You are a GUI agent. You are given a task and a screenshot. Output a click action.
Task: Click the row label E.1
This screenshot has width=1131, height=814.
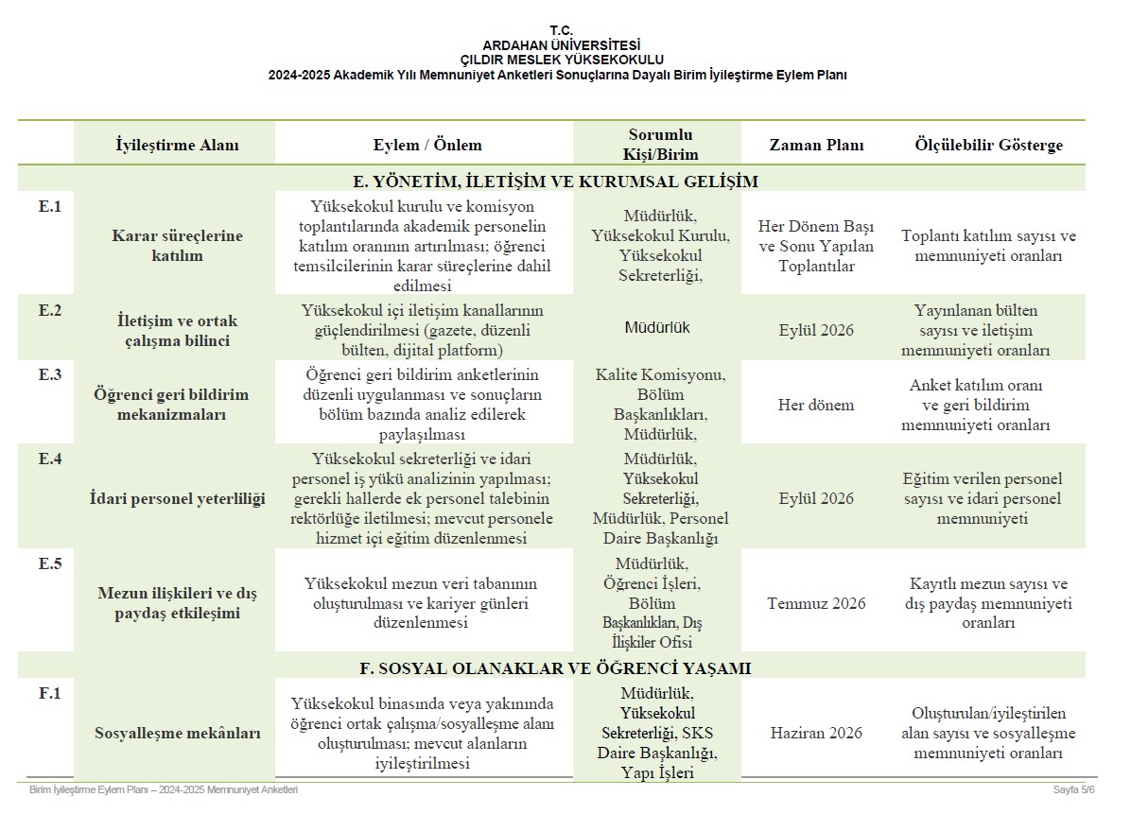49,207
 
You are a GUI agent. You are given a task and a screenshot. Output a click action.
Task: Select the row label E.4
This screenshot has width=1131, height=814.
49,459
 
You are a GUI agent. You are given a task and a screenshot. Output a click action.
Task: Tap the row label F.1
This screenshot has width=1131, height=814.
49,693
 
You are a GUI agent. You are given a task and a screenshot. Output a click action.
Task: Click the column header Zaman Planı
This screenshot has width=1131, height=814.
816,146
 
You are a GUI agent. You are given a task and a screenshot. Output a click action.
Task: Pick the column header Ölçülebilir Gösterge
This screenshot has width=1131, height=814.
988,146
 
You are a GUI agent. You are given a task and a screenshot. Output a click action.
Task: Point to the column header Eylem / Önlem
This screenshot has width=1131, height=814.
427,146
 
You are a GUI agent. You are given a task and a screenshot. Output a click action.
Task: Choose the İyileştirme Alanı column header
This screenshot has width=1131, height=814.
177,146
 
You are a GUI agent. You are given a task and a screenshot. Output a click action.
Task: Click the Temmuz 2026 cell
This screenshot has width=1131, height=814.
816,603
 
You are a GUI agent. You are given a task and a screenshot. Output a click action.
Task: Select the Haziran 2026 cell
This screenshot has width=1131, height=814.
816,733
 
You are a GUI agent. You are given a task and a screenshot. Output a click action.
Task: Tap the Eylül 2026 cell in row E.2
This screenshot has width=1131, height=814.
816,330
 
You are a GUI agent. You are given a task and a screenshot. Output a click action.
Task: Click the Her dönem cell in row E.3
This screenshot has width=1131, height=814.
816,405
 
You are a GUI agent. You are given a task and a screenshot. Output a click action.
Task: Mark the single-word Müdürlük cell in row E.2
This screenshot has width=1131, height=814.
657,328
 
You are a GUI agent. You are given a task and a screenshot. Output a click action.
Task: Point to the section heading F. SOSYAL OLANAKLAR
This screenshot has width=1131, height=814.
555,668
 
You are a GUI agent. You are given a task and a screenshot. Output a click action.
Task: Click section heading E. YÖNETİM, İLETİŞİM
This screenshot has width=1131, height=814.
555,181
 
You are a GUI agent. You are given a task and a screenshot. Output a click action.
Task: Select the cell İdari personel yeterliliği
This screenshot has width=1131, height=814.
177,498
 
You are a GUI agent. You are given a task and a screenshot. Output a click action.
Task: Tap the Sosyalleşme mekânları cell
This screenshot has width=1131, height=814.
177,733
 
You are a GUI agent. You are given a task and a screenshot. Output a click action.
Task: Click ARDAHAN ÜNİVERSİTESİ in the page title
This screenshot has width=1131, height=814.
561,44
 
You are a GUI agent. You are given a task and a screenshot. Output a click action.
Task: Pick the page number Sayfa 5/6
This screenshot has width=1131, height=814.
1073,789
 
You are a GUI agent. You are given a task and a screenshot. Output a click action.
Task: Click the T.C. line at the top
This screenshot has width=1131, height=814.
561,30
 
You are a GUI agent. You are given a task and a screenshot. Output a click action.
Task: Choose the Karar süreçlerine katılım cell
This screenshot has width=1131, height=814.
177,246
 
